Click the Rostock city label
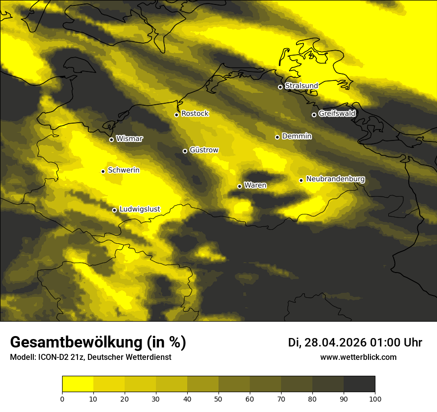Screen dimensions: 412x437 point(195,114)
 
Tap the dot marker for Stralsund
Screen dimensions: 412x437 point(280,87)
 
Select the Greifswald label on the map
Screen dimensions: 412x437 point(337,114)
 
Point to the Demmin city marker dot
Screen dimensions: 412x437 point(277,137)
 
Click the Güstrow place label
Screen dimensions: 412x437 point(204,150)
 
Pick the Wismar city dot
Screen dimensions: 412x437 point(111,139)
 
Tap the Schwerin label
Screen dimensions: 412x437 point(124,170)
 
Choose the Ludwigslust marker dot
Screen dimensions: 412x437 point(114,210)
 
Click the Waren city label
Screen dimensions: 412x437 point(255,186)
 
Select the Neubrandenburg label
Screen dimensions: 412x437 point(336,179)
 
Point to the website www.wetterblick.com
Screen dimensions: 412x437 point(359,357)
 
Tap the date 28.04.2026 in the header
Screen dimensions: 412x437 point(335,343)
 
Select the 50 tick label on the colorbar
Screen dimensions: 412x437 point(218,399)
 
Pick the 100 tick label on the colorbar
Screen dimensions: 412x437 point(375,399)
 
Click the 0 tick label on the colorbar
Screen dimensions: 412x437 point(62,399)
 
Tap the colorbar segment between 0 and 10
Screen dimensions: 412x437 point(77,384)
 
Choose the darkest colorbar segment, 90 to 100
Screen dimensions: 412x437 point(359,384)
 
